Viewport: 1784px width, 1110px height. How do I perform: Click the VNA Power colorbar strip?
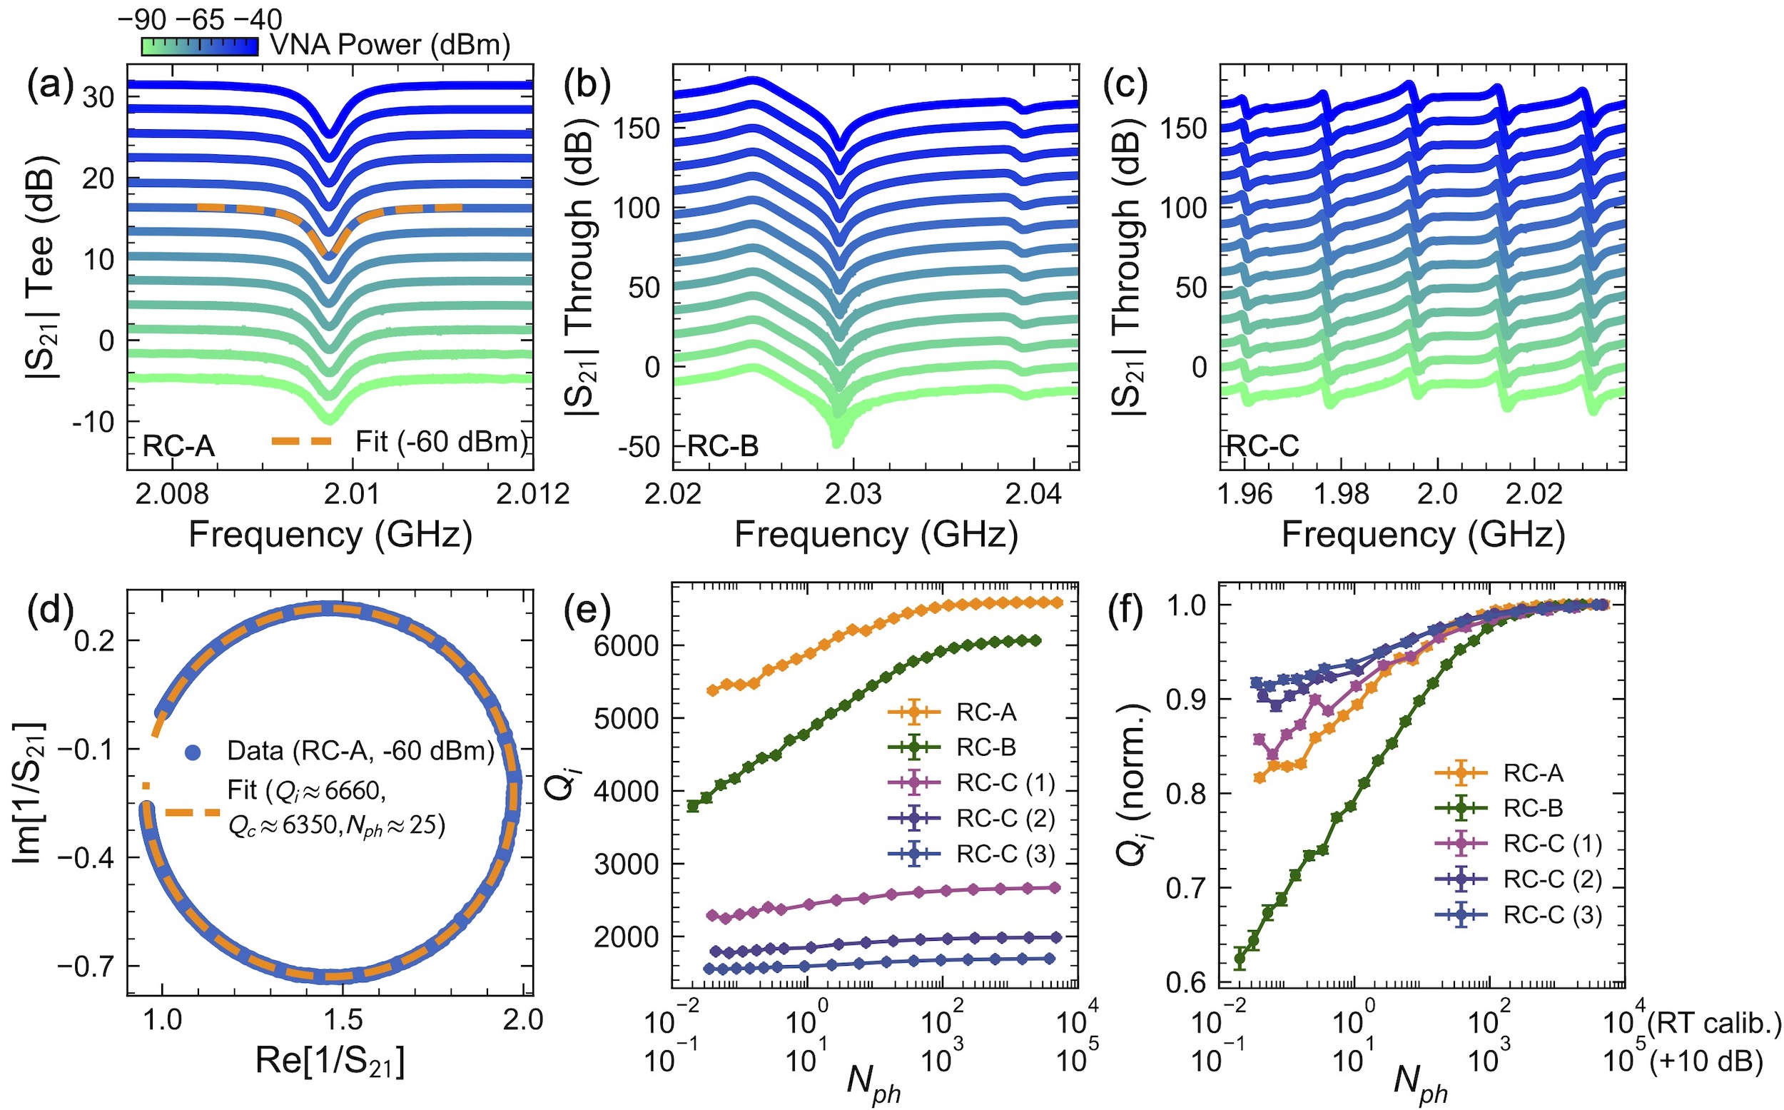tap(199, 46)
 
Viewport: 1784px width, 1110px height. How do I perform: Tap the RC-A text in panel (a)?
tap(178, 445)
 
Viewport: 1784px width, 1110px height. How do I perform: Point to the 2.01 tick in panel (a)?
tap(353, 493)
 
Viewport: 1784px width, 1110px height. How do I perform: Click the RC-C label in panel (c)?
tap(1262, 445)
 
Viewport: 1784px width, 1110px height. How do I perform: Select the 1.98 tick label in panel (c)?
tap(1342, 493)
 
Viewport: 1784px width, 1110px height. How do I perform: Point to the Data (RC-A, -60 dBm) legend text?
tap(360, 751)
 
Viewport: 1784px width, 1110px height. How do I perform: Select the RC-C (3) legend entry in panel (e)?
tap(1005, 853)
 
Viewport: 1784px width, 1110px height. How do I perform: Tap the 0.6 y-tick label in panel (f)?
tap(1186, 982)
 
